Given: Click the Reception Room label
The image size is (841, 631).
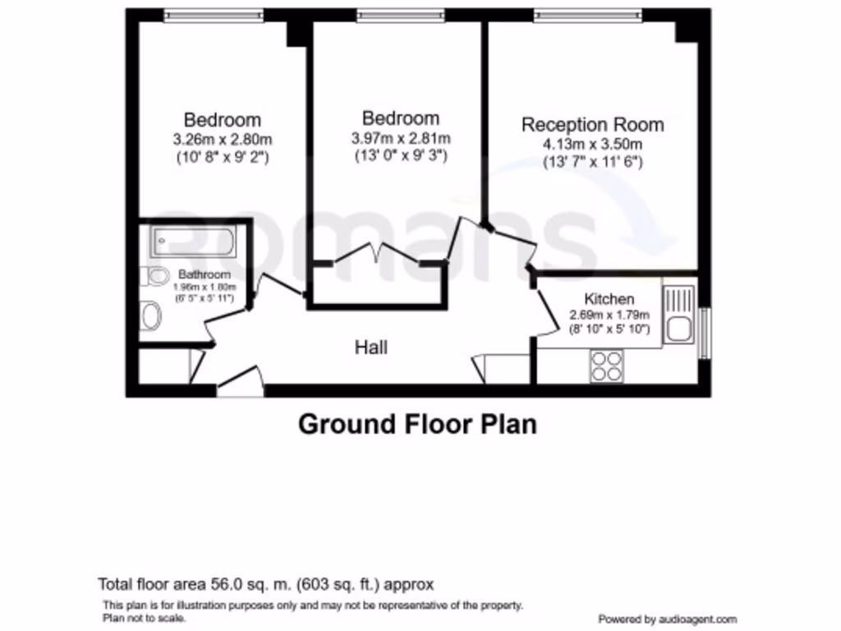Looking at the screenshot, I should (592, 125).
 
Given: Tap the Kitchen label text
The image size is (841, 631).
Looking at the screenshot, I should (609, 299).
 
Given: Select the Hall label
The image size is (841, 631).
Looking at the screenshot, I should (370, 348).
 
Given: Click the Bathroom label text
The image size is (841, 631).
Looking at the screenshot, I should (205, 274).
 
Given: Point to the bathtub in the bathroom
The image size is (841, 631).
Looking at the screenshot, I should (194, 242).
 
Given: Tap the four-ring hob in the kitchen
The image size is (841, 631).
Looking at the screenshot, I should (606, 365).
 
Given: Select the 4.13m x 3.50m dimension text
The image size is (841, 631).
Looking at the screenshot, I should (592, 145).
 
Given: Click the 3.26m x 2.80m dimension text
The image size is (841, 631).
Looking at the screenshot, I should (222, 139).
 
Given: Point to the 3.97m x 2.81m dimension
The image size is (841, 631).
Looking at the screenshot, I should (401, 138).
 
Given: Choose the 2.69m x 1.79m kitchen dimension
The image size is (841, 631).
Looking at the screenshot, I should (609, 315).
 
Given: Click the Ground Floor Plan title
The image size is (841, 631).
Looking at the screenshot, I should (417, 425).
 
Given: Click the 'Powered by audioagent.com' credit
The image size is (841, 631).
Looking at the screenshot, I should (667, 619).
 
